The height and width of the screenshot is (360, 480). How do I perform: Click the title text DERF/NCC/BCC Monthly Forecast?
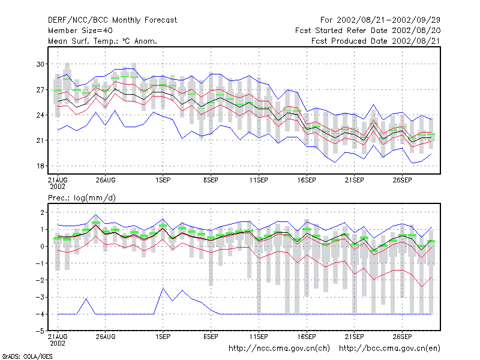click(x=112, y=20)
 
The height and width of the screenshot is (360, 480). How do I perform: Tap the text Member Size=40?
click(x=80, y=31)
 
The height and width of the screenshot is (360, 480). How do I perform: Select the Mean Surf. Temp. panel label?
click(x=103, y=41)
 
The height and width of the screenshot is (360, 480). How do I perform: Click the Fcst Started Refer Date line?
click(x=368, y=31)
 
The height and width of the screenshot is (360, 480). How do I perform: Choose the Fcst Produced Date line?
click(x=376, y=41)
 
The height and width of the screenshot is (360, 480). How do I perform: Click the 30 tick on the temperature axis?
click(x=40, y=64)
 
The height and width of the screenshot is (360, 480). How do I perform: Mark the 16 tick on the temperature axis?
click(x=40, y=166)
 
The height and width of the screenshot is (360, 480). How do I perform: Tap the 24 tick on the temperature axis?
click(x=40, y=115)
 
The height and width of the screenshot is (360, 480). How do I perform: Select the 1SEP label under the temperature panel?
click(x=163, y=181)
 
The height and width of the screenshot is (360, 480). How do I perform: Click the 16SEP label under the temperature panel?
click(x=307, y=181)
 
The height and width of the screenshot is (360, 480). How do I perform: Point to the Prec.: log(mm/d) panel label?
click(x=82, y=198)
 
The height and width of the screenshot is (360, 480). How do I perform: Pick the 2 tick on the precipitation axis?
click(x=42, y=212)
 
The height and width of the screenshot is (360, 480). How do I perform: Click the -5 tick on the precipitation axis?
click(x=40, y=331)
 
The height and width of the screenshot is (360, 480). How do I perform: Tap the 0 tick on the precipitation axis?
click(x=42, y=246)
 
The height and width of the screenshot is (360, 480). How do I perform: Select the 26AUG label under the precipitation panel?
click(x=106, y=337)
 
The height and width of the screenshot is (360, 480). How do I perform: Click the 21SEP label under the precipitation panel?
click(x=355, y=337)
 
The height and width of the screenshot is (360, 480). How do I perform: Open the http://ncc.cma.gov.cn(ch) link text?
click(x=279, y=349)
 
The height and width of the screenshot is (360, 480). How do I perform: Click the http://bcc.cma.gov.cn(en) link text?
click(x=389, y=349)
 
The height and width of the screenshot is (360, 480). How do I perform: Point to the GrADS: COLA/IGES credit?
click(x=28, y=356)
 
